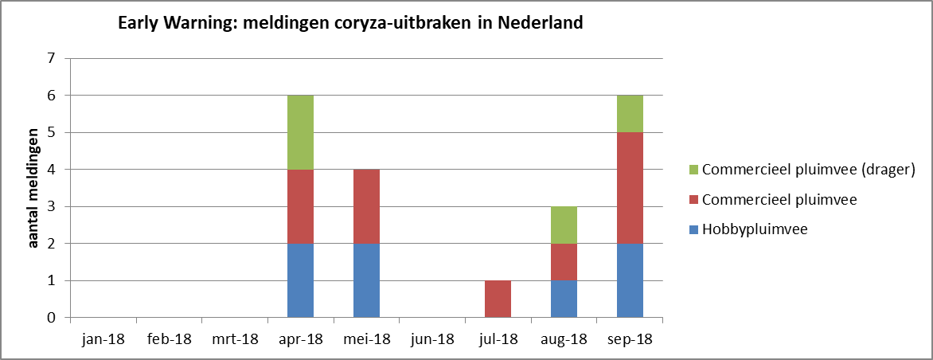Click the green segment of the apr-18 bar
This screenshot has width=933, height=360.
point(300,132)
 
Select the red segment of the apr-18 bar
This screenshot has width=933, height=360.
point(300,206)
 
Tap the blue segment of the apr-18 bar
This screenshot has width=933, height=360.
point(300,280)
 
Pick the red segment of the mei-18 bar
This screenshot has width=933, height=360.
point(366,206)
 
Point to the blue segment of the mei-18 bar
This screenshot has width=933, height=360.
point(366,280)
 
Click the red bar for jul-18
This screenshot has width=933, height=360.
point(498,299)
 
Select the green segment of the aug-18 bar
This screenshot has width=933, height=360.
point(564,225)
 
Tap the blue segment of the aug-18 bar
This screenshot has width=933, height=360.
point(564,299)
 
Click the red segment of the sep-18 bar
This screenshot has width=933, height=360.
point(630,188)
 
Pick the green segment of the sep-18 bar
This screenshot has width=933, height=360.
point(630,114)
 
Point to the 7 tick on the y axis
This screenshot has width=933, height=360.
point(52,58)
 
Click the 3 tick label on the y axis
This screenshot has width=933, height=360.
point(52,206)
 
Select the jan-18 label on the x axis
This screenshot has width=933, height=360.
point(103,339)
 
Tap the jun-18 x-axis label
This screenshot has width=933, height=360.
point(432,339)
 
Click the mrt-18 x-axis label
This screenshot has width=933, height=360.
point(234,339)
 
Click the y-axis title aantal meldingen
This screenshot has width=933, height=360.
point(34,188)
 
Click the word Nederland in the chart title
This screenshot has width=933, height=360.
point(541,23)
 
